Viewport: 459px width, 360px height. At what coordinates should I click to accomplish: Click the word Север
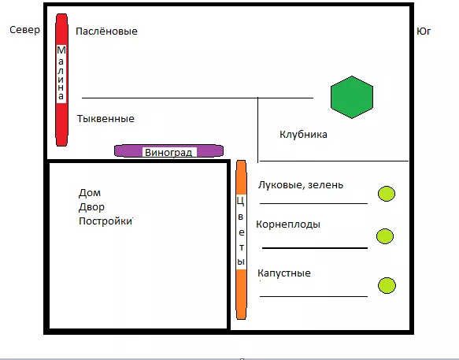point(24,30)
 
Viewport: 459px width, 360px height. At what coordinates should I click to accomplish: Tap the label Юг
point(424,31)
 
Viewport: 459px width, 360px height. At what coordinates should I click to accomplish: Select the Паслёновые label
point(106,31)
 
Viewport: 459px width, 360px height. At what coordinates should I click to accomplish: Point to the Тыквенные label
point(105,119)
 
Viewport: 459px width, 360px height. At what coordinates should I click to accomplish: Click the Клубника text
point(303,135)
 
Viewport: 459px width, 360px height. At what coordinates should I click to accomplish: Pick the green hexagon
point(352,97)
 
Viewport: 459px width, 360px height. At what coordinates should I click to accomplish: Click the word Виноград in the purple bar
point(168,152)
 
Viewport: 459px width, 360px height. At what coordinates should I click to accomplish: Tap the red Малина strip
point(61,80)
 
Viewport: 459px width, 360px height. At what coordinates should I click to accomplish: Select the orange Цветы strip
point(241,239)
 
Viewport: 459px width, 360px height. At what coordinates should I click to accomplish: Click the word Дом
point(90,193)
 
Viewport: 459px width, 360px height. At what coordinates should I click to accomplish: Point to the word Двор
point(91,207)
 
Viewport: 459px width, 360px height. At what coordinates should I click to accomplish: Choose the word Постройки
point(105,221)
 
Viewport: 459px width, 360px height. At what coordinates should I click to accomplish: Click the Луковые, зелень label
point(301,185)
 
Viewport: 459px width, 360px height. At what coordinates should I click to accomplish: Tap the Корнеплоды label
point(288,225)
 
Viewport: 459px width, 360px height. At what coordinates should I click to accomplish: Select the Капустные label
point(284,273)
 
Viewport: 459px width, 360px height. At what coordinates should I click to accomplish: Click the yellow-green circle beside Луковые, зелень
point(387,194)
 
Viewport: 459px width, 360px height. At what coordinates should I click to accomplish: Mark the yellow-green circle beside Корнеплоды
point(385,236)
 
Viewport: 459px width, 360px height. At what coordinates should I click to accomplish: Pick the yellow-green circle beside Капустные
point(387,285)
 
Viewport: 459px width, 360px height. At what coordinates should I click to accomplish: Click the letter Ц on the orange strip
point(241,201)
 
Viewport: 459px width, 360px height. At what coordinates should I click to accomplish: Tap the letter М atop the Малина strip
point(61,50)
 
